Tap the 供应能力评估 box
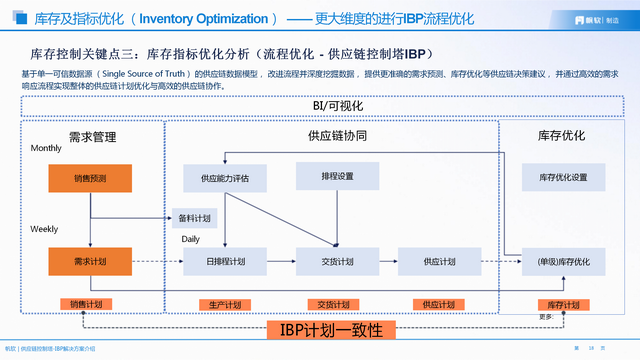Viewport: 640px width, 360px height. click(x=224, y=178)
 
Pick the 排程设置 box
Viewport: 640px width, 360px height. click(x=337, y=176)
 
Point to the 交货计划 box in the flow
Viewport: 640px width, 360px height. click(x=337, y=261)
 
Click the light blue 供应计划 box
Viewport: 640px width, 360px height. click(x=432, y=261)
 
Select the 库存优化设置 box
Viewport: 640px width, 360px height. click(x=563, y=177)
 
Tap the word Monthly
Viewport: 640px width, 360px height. click(x=45, y=148)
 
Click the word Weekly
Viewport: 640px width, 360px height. click(x=43, y=229)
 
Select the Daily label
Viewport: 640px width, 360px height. click(x=190, y=239)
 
